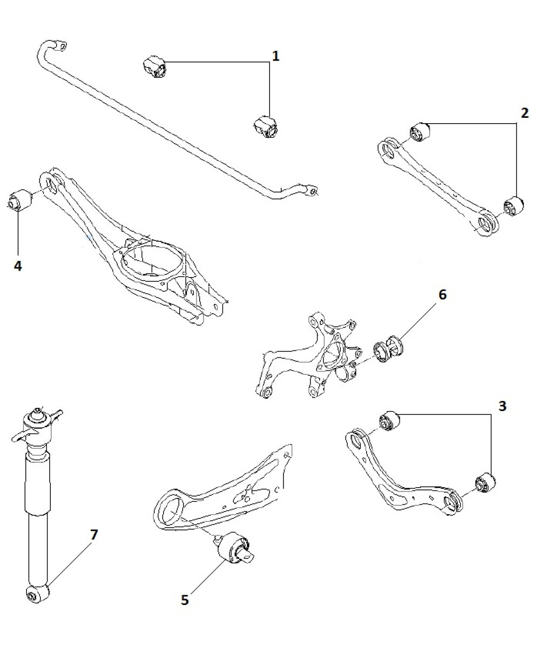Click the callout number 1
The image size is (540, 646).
click(275, 56)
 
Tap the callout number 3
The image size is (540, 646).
click(502, 406)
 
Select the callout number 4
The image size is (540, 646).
click(18, 266)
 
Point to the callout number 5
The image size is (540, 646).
click(185, 600)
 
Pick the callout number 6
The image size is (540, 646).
click(442, 295)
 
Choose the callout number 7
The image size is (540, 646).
click(94, 535)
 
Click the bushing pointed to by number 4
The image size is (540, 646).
click(19, 200)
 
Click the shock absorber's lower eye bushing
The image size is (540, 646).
click(36, 594)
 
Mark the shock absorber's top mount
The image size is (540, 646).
click(39, 420)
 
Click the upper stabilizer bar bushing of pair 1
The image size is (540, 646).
click(155, 67)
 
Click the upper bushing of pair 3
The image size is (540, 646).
click(388, 421)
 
